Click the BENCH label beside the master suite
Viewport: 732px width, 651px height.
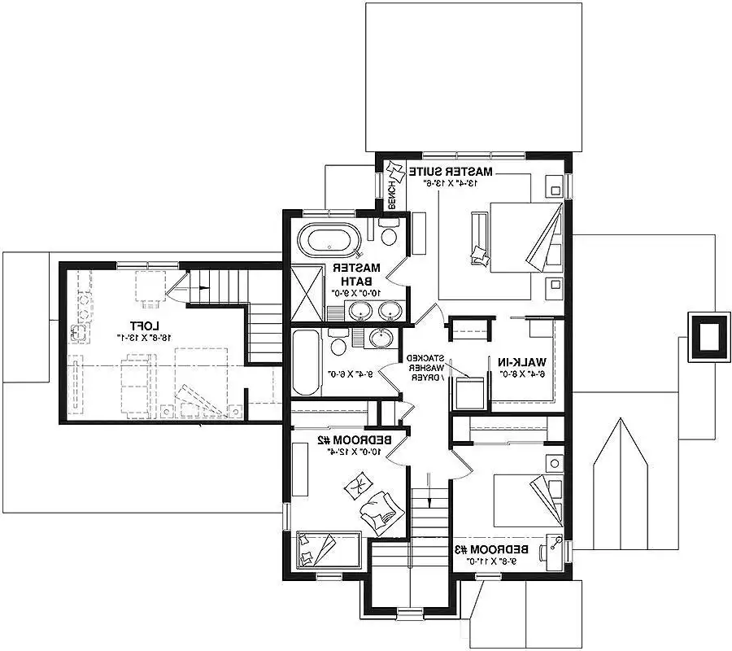pos(391,194)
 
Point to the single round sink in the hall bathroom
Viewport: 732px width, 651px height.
pos(380,338)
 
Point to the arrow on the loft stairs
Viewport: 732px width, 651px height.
pos(195,285)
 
